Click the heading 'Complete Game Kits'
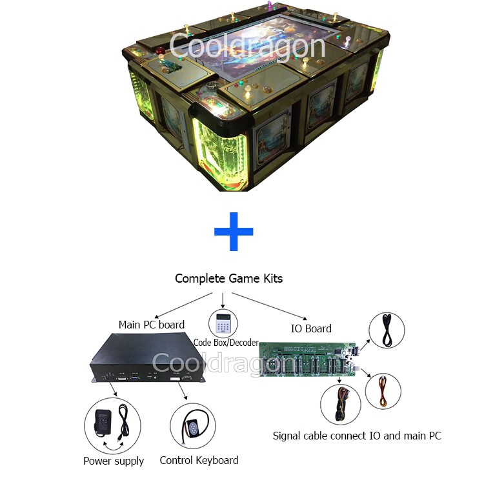pyautogui.click(x=228, y=279)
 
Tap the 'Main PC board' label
pyautogui.click(x=151, y=325)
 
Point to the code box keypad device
pyautogui.click(x=223, y=322)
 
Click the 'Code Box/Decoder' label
pyautogui.click(x=226, y=343)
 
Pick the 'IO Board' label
pyautogui.click(x=311, y=328)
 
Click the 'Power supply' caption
pyautogui.click(x=114, y=461)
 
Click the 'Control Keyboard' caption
pyautogui.click(x=199, y=460)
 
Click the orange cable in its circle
pyautogui.click(x=383, y=392)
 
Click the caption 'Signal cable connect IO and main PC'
pyautogui.click(x=357, y=436)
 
